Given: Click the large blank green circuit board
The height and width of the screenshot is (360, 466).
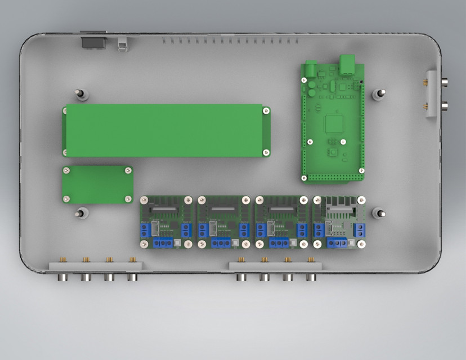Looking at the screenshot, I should [x=166, y=130].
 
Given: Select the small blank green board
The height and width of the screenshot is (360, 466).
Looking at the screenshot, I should [x=97, y=184].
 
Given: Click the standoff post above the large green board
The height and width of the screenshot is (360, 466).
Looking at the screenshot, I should [x=81, y=94].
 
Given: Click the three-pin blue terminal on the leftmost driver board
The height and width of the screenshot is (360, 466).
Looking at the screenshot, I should [x=163, y=242].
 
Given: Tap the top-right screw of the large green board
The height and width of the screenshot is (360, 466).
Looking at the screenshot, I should [x=265, y=111].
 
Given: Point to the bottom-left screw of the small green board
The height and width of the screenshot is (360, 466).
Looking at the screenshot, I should [x=66, y=198].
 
